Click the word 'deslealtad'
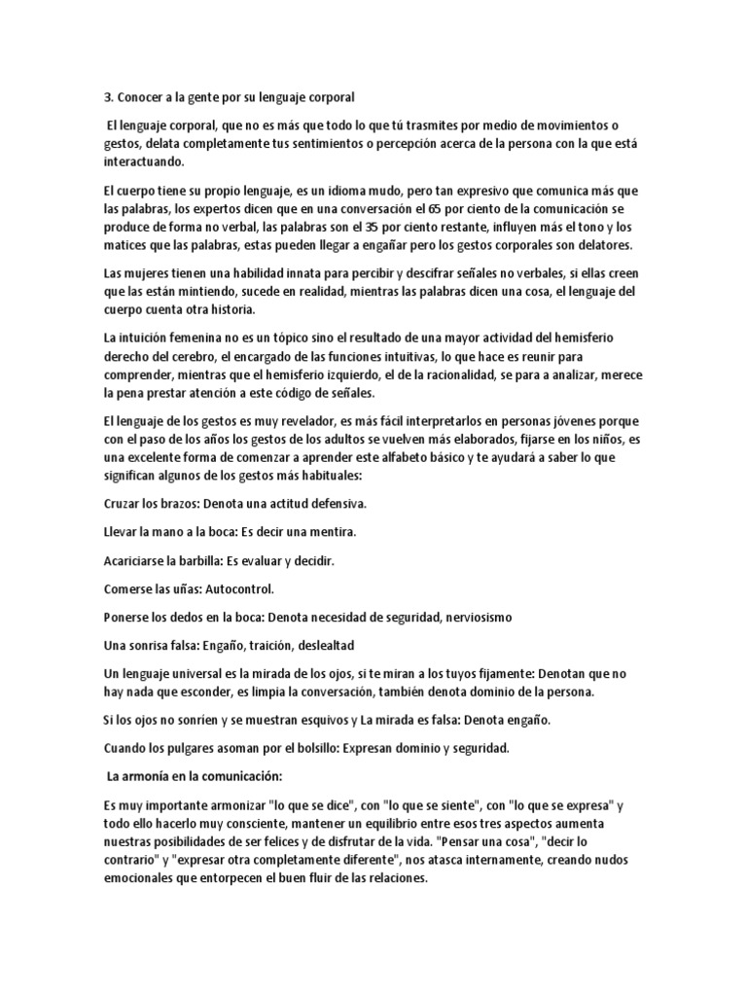(323, 646)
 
